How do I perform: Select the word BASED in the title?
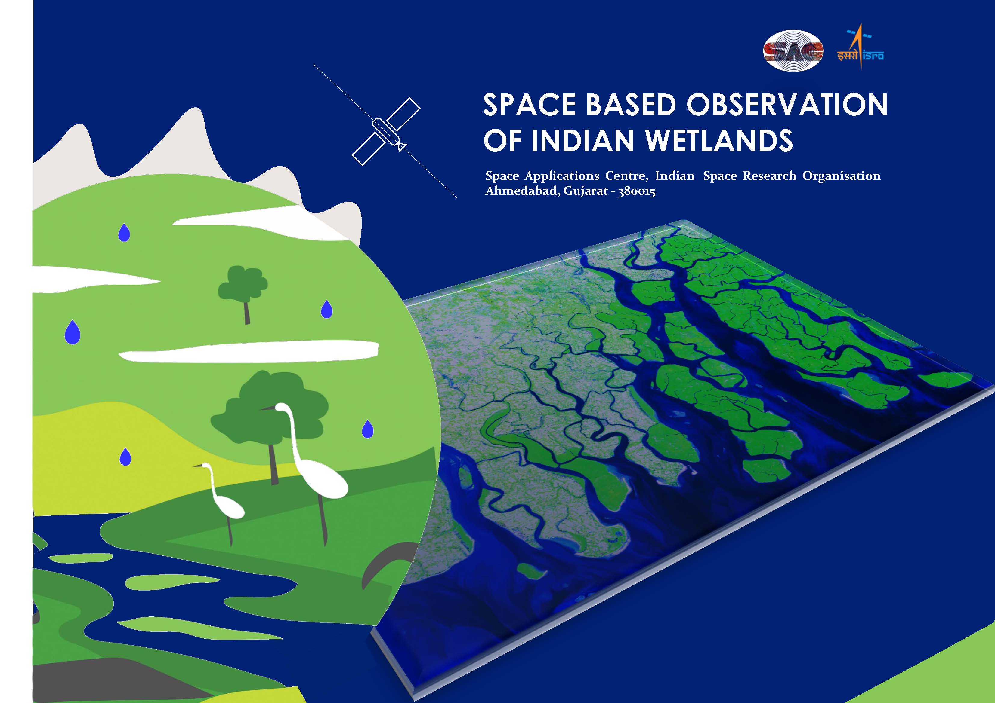(631, 105)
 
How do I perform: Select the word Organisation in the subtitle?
(841, 176)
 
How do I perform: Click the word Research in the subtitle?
(769, 176)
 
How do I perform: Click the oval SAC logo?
(793, 51)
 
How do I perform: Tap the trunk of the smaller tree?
(247, 311)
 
